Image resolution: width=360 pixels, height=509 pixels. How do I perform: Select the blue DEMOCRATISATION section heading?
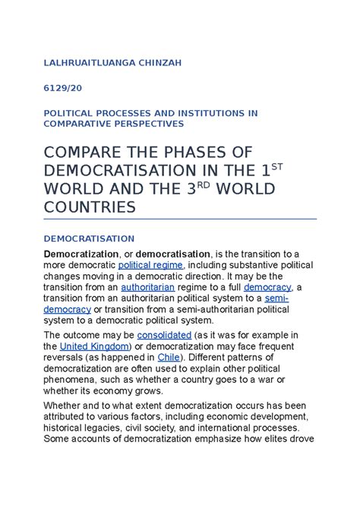[89, 237]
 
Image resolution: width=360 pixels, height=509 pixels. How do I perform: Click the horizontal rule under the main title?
[180, 219]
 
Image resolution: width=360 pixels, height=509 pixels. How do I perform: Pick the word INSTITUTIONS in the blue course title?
[200, 112]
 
